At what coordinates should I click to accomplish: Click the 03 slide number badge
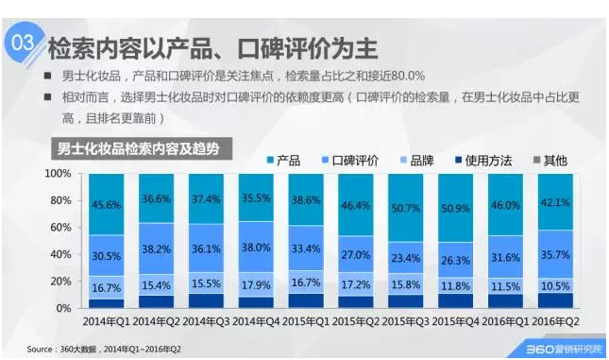click(x=23, y=44)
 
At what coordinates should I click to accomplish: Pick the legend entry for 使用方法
click(x=486, y=161)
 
